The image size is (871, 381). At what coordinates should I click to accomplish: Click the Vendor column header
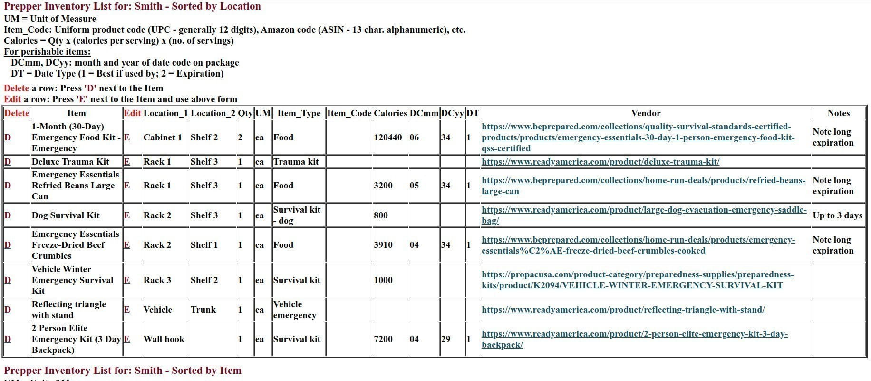point(646,113)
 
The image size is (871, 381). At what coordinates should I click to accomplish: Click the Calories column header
point(390,113)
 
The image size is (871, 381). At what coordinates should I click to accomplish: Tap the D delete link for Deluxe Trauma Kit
point(8,162)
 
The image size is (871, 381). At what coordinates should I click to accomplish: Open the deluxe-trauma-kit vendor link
point(600,162)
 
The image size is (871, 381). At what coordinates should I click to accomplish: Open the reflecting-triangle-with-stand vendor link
point(623,310)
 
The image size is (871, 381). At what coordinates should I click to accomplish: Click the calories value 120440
point(388,137)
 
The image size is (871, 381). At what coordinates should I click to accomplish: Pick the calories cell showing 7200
point(383,339)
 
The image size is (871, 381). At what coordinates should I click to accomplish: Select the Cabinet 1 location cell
point(163,137)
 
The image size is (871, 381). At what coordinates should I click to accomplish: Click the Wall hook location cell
point(164,339)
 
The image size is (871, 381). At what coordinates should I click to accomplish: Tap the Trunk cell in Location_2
point(203,310)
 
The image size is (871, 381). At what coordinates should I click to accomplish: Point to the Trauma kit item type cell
point(296,162)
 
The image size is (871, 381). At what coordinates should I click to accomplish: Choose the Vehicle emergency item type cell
point(294,310)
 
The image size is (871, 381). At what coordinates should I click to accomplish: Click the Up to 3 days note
point(837,215)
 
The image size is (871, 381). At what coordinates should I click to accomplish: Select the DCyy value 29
point(445,339)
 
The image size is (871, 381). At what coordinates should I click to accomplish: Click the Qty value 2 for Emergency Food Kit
point(240,137)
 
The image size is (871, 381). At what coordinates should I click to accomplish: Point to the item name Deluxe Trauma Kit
point(70,162)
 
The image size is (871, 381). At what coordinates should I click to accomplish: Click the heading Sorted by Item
point(122,371)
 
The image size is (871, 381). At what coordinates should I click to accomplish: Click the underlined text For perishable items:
point(47,52)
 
